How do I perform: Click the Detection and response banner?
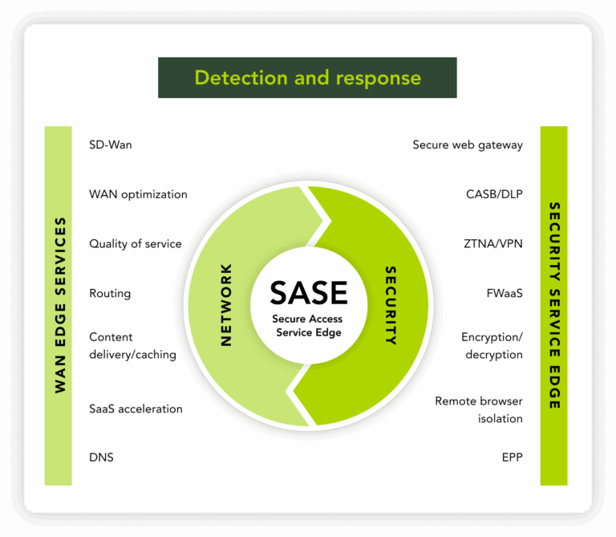tap(307, 78)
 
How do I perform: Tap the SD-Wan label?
tap(111, 145)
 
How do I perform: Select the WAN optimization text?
tap(138, 194)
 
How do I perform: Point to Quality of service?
tap(136, 244)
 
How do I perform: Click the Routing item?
tap(110, 294)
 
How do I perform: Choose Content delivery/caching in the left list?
tap(132, 346)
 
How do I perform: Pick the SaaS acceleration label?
tap(136, 409)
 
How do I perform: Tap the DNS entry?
tap(101, 458)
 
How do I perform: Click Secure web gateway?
tap(468, 145)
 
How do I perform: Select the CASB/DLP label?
tap(494, 194)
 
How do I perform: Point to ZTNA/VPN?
tap(493, 244)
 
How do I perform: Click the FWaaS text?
tap(505, 294)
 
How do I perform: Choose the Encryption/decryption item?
tap(492, 346)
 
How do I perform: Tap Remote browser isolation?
tap(479, 409)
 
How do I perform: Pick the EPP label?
tap(512, 458)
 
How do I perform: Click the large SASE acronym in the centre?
tap(309, 293)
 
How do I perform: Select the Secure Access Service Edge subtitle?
tap(309, 326)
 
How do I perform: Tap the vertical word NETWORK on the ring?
tap(226, 305)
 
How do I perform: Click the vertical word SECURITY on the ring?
tap(391, 305)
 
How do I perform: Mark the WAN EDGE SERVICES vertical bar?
tap(59, 305)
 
